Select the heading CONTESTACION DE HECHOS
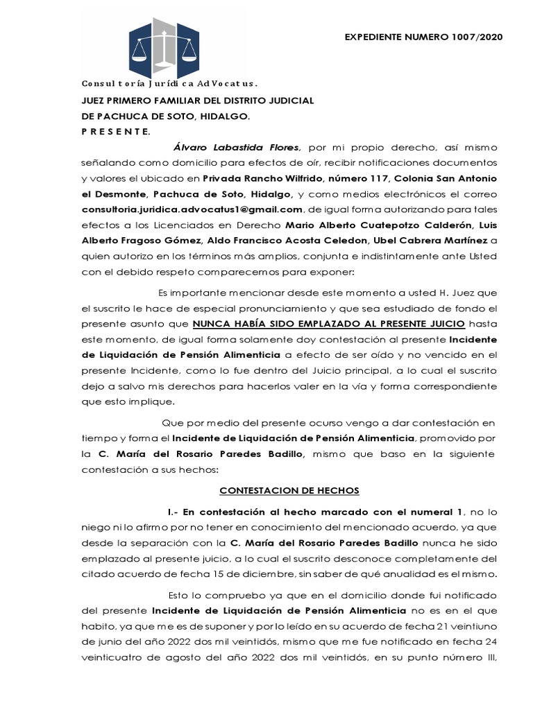click(289, 490)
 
